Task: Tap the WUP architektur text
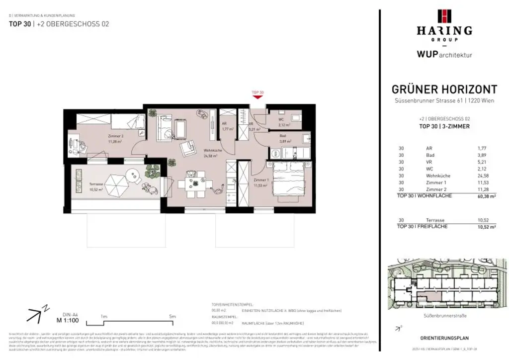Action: pos(444,55)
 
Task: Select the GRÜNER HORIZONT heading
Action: pos(444,90)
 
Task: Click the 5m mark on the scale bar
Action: pos(172,316)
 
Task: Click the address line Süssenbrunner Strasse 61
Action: pos(444,102)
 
